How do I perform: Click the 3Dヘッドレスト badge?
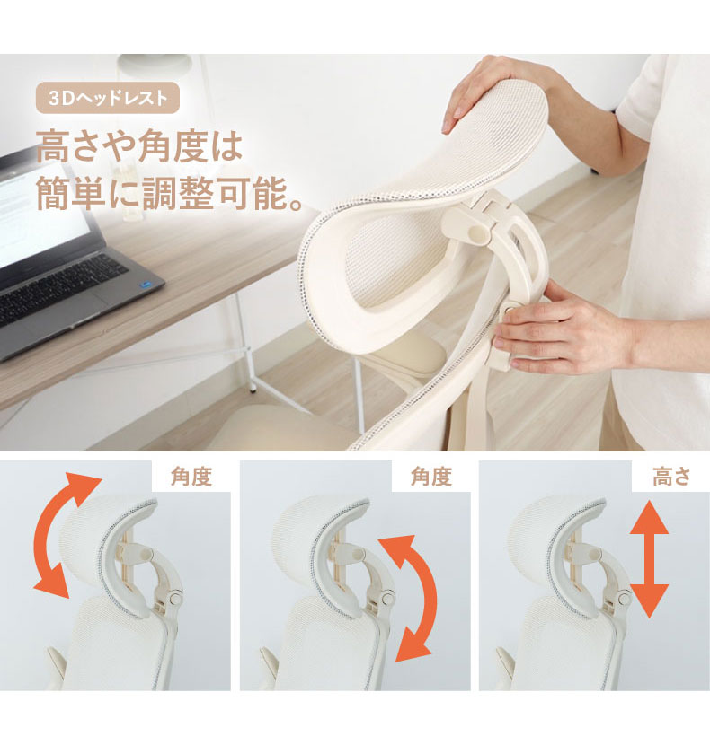tap(108, 98)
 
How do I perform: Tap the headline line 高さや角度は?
tap(140, 147)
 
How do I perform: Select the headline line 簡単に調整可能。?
tap(170, 192)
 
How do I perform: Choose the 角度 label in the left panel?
tap(191, 477)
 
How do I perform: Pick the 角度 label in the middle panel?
tap(431, 477)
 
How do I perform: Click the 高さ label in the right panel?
tap(671, 477)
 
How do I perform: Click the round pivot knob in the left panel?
tap(175, 597)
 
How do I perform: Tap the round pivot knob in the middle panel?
tap(387, 597)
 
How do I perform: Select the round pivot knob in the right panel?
tap(625, 598)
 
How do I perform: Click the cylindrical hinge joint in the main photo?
tap(475, 232)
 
